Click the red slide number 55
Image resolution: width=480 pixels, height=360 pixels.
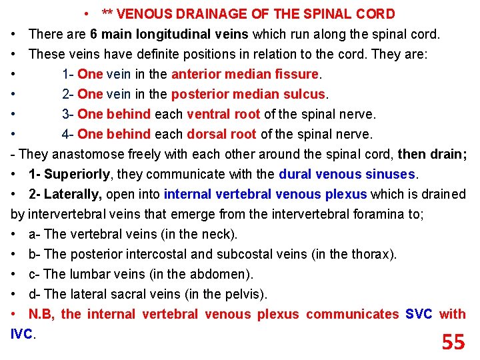(453, 342)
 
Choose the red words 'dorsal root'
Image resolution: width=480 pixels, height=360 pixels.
(221, 134)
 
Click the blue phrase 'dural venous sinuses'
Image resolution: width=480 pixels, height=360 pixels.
(347, 174)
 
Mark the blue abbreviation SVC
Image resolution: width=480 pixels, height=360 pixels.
(419, 314)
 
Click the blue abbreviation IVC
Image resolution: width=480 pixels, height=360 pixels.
(22, 334)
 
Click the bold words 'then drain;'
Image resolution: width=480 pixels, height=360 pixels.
(433, 154)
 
